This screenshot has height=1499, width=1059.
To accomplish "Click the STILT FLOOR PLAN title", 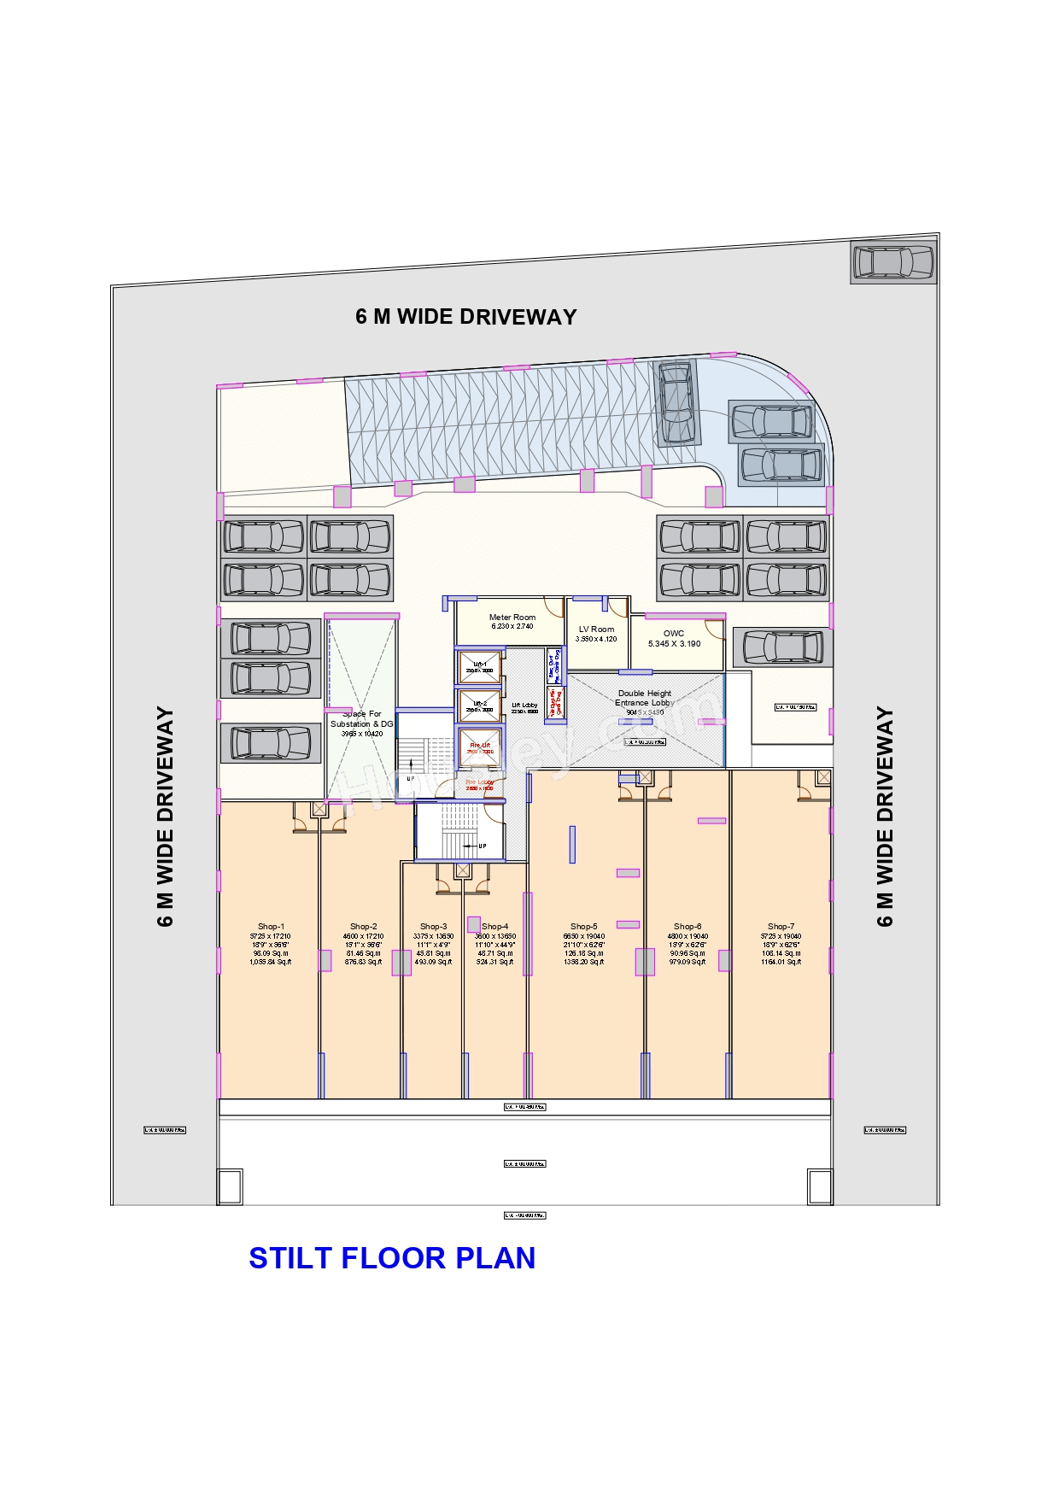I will pos(392,1258).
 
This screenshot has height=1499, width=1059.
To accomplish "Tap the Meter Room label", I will pos(512,618).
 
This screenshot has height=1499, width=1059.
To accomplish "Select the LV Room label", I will pos(596,629).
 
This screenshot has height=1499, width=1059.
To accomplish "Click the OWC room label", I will pos(674,634).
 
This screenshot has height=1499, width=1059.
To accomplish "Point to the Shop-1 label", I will pos(271,927).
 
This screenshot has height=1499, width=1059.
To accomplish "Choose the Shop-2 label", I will pos(363,927).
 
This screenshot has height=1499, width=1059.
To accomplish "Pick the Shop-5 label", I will pos(584,927).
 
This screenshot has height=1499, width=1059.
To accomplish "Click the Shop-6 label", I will pos(687,927).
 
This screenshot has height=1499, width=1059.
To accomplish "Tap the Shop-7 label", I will pos(781,927).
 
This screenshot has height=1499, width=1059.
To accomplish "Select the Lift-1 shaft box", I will pos(479,667).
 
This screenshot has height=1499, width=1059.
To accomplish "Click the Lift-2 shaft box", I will pos(479,706).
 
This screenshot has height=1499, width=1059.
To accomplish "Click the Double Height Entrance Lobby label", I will pos(645,699).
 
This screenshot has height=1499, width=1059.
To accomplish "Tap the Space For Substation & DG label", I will pos(362,719).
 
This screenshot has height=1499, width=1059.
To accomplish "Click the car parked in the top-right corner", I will pos(893,262).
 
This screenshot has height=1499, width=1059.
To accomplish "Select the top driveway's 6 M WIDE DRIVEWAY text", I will pos(466,317).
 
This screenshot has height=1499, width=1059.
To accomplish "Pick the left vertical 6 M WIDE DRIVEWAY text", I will pos(166,816).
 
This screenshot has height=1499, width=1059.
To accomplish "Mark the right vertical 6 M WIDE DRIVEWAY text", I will pos(886,816).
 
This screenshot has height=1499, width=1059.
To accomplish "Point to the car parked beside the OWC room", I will pos(783,647).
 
